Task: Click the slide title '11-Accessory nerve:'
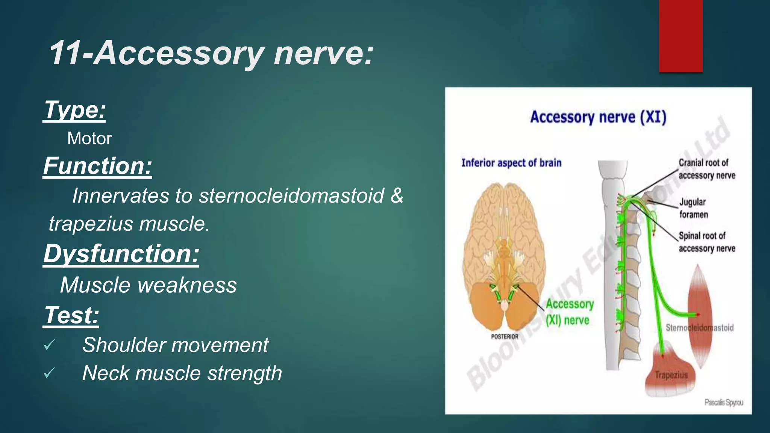click(x=211, y=53)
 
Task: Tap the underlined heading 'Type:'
click(x=75, y=110)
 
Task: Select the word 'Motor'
click(x=89, y=138)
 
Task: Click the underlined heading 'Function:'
click(x=97, y=166)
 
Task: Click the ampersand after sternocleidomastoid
click(x=397, y=196)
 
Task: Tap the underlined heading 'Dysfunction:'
click(x=121, y=254)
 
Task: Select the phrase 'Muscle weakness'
click(x=149, y=285)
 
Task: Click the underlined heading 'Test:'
click(x=71, y=315)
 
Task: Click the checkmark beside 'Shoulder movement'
click(x=49, y=345)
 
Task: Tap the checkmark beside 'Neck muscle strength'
click(x=49, y=373)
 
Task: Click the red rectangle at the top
click(x=681, y=36)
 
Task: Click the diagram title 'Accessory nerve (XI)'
click(x=598, y=117)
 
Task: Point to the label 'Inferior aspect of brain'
click(x=511, y=163)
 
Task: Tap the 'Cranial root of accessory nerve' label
click(x=706, y=169)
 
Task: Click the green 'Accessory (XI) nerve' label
click(x=569, y=312)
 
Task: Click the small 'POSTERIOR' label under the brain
click(x=505, y=336)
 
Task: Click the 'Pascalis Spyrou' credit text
click(x=723, y=403)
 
